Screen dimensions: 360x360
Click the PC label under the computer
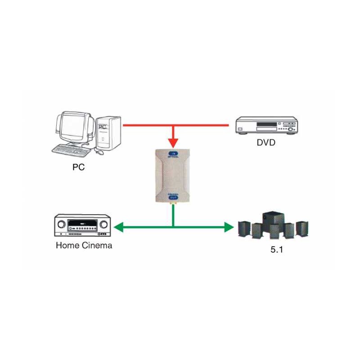point(78,167)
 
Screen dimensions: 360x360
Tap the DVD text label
point(266,143)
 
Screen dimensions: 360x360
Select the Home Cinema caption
point(84,246)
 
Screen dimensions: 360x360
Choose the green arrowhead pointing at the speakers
point(228,227)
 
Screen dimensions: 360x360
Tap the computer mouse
point(99,153)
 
